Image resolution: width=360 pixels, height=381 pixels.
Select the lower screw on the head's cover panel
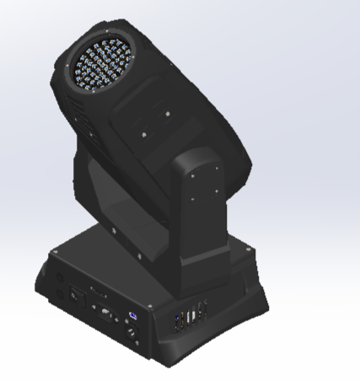pos(144,133)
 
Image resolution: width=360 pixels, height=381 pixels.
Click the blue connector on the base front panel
pos(132,317)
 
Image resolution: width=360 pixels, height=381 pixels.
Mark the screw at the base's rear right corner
pos(250,251)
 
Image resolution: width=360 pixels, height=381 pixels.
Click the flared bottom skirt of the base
pos(211,341)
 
